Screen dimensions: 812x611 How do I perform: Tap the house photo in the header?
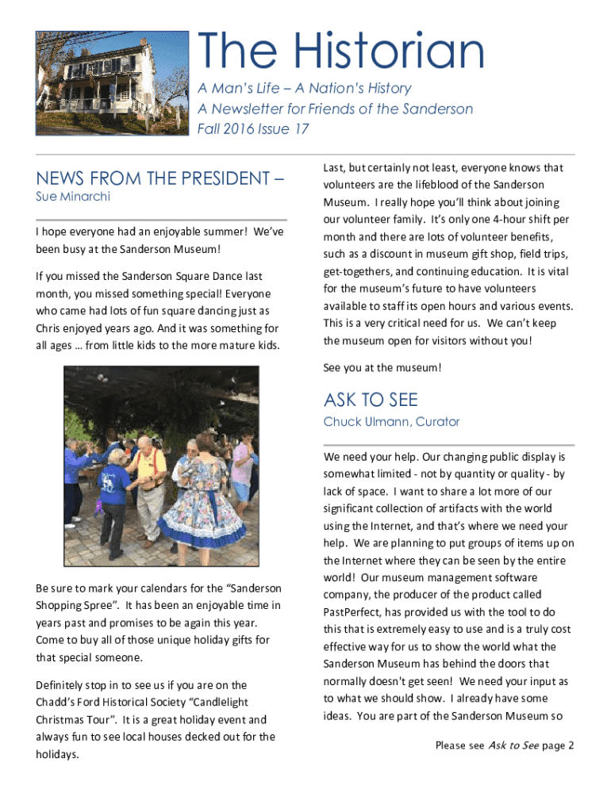pos(112,82)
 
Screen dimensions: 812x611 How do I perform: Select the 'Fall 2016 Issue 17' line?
pos(253,128)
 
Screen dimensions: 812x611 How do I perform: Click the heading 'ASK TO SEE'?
pos(371,399)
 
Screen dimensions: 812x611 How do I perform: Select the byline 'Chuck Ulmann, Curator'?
pos(391,421)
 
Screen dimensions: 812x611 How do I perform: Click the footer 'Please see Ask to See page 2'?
pos(505,745)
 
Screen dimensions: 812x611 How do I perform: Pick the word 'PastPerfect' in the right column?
pos(355,611)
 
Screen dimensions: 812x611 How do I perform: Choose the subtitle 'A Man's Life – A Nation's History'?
pos(304,89)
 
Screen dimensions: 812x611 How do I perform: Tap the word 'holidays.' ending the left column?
pos(58,755)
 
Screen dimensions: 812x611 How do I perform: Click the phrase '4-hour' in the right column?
pos(495,220)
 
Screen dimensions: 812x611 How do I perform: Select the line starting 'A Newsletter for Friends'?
pos(335,109)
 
